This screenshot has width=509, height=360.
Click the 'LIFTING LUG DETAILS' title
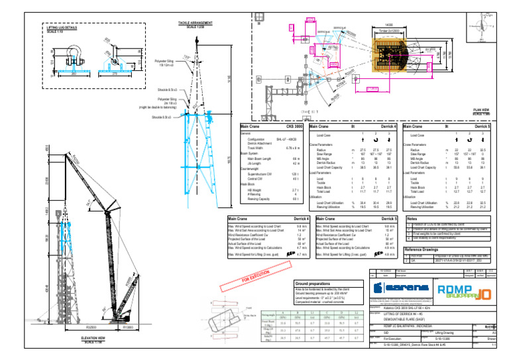click(62, 28)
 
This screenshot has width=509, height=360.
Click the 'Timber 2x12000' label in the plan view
click(388, 30)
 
